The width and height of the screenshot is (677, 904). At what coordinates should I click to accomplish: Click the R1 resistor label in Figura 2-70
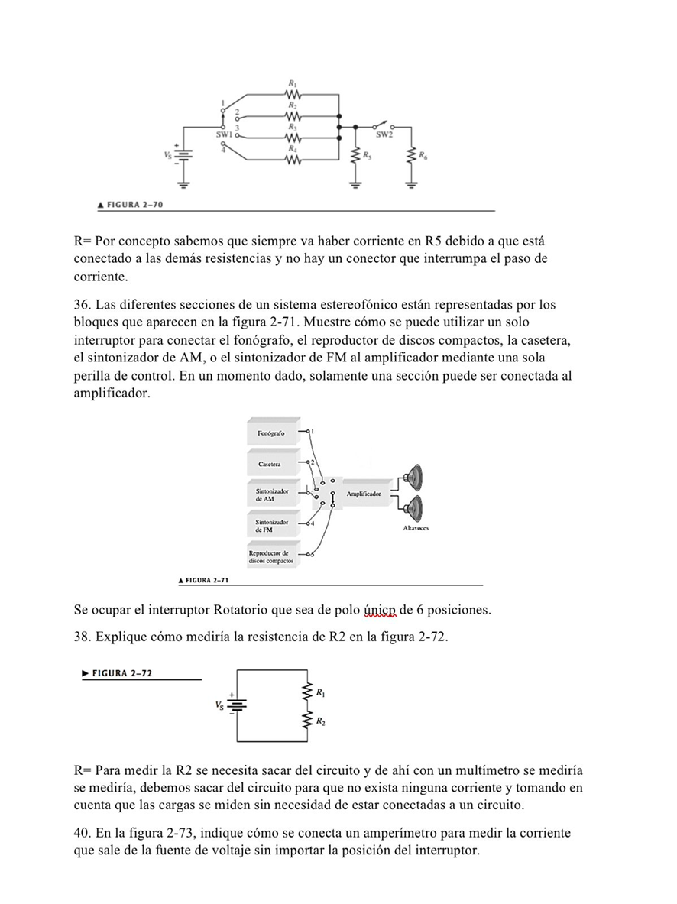pos(292,82)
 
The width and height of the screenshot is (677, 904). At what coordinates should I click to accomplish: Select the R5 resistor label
pos(368,155)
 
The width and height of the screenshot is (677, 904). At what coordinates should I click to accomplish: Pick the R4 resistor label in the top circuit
pos(292,147)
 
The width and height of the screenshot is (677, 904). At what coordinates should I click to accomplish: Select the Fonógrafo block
pos(271,433)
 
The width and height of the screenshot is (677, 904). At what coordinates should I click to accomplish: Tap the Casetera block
pos(270,464)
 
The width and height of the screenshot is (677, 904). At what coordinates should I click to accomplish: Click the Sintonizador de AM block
pos(271,494)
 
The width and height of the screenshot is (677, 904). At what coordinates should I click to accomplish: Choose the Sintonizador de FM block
pos(271,525)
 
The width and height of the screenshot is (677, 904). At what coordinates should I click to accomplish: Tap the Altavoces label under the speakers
pos(416,528)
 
